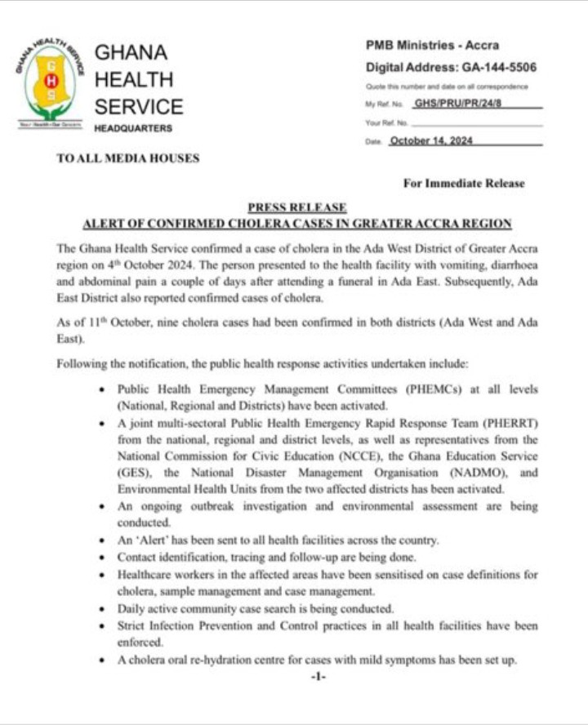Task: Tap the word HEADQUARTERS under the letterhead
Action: (133, 129)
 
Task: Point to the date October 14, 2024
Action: (431, 140)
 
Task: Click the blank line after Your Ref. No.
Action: (477, 123)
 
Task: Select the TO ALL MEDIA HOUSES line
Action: (127, 158)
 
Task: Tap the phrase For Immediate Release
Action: (463, 184)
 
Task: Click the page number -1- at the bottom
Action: (318, 677)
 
